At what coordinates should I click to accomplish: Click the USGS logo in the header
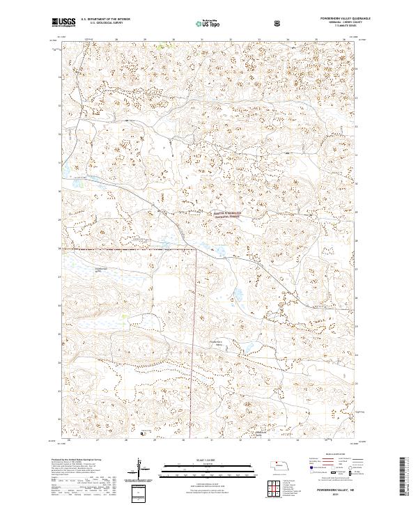tap(64, 22)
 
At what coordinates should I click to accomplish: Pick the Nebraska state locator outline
tap(279, 465)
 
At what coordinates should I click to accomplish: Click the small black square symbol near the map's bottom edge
tap(143, 433)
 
